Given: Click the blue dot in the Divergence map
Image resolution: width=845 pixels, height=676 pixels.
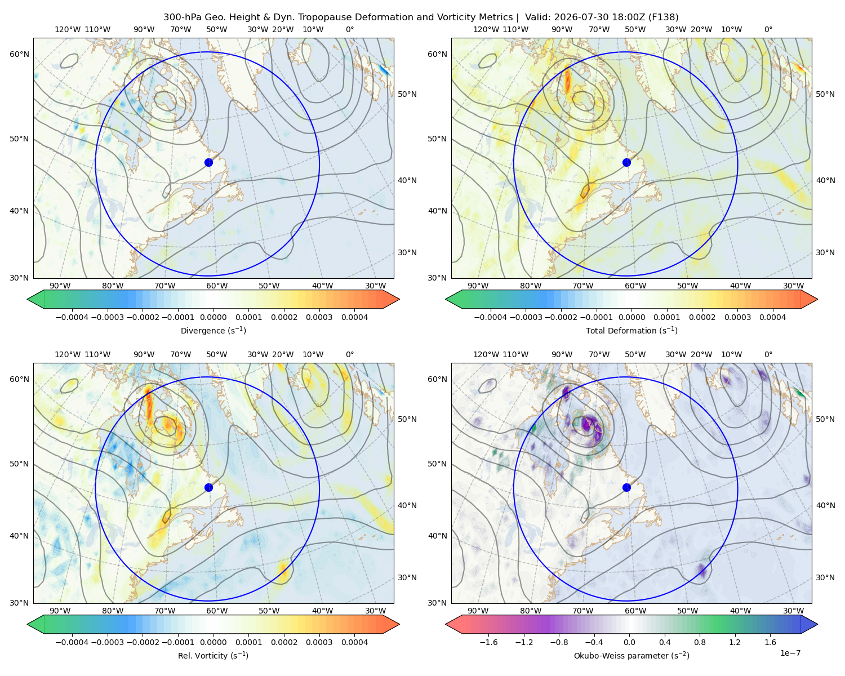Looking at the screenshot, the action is (x=208, y=162).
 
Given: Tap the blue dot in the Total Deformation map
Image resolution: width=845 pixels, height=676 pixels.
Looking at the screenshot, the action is (x=626, y=162).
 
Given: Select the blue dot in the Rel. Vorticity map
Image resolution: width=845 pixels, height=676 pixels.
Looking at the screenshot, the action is (x=208, y=487).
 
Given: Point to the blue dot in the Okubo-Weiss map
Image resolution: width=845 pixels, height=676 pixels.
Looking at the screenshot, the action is (x=626, y=487).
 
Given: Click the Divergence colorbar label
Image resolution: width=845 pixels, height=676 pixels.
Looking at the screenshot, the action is (x=213, y=330).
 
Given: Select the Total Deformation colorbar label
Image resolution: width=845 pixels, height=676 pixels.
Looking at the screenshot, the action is (x=631, y=330).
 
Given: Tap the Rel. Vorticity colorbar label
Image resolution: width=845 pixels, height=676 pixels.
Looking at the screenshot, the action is (x=213, y=656).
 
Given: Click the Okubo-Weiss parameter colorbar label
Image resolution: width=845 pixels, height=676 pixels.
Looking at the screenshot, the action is (x=631, y=656).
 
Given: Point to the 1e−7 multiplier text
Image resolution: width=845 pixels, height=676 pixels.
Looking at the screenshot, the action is (x=790, y=653).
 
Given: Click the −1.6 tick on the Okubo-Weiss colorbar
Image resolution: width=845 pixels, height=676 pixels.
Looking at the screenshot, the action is (x=488, y=642).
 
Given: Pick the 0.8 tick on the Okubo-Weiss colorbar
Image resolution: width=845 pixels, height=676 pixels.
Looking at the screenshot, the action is (x=700, y=642).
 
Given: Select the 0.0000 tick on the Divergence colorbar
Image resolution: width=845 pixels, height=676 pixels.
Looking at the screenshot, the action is (x=213, y=317).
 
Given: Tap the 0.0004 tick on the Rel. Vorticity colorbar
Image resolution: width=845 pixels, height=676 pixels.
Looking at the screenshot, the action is (x=354, y=642).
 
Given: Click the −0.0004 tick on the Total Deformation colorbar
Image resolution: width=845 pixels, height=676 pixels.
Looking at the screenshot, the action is (x=491, y=317).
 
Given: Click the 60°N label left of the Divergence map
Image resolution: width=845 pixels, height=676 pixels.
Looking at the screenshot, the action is (x=19, y=54).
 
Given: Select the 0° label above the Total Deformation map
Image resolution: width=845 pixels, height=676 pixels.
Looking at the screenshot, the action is (x=768, y=29).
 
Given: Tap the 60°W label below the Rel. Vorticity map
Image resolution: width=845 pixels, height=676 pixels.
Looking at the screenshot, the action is (x=217, y=611).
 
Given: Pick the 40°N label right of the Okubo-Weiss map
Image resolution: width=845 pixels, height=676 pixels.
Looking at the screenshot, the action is (x=825, y=505).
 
